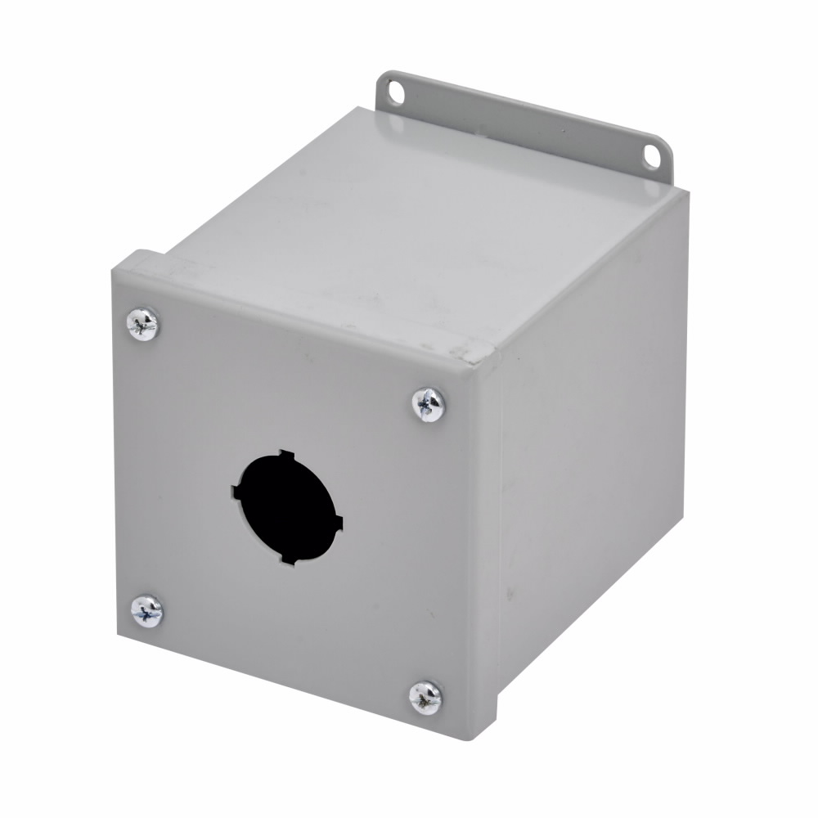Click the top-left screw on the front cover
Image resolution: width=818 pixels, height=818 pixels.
pyautogui.click(x=143, y=324)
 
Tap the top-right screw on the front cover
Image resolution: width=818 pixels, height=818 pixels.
pyautogui.click(x=429, y=404)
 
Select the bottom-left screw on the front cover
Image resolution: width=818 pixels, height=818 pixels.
pyautogui.click(x=147, y=610)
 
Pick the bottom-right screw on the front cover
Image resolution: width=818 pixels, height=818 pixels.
pyautogui.click(x=425, y=697)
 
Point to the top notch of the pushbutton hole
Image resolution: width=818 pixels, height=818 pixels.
pyautogui.click(x=283, y=453)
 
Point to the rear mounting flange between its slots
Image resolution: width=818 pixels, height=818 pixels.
pyautogui.click(x=524, y=123)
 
